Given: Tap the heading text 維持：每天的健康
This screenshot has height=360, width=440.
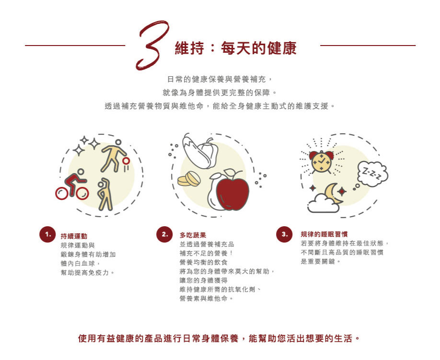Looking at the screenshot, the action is point(236,48).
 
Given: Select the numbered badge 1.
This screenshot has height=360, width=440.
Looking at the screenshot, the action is point(47,234).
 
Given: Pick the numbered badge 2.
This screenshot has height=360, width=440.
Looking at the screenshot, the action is point(164,234).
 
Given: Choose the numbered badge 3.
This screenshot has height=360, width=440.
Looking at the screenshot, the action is point(284,234).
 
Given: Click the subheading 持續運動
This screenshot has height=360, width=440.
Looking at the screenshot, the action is point(74,236).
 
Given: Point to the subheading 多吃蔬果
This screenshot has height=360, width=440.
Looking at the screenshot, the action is point(193,235).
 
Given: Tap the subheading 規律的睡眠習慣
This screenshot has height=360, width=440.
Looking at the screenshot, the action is point(324,234).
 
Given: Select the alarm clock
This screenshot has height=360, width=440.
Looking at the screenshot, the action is point(322,162).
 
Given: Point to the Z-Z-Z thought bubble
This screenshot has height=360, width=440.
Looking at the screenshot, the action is point(372,174).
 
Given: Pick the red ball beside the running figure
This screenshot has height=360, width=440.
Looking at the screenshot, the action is point(126,161).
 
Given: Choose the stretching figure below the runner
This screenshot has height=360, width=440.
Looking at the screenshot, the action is point(105,194).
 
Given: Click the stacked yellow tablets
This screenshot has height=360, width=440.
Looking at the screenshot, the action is point(189,179).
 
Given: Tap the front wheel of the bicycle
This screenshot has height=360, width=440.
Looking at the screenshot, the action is point(82,193).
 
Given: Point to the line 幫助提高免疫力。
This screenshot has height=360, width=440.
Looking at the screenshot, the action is point(88,272).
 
